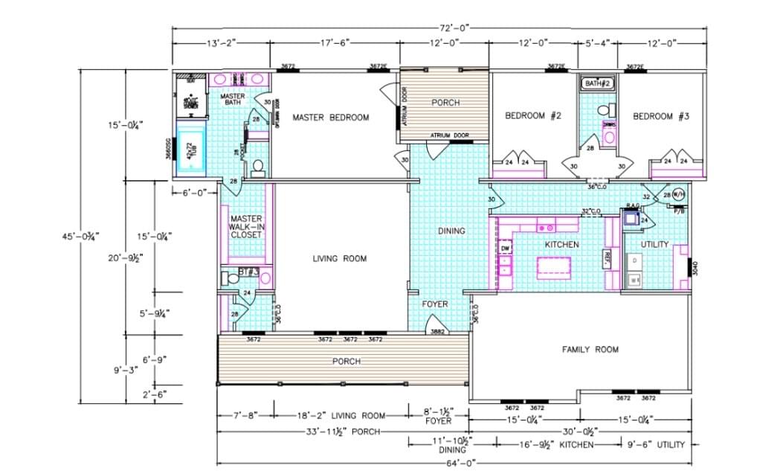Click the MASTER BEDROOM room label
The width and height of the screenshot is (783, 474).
(330, 118)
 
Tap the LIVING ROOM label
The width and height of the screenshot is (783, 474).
(339, 259)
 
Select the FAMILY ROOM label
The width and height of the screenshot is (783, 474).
(590, 349)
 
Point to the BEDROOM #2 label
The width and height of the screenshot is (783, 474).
(532, 116)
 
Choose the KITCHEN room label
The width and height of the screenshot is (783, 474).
(561, 244)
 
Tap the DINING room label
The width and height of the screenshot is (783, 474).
(451, 231)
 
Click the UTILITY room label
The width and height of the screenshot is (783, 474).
(654, 244)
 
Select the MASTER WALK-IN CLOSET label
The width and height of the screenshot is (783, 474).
(246, 226)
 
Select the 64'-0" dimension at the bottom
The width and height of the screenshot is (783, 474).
(461, 463)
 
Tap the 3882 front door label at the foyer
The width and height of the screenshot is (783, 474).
(438, 332)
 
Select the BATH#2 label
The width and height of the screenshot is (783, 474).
(597, 83)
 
